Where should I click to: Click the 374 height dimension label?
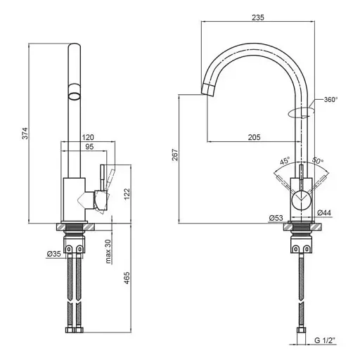[25, 134]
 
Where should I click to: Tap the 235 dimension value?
[258, 18]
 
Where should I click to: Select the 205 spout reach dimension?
[254, 137]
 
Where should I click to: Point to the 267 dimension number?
[175, 155]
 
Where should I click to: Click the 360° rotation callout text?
[331, 100]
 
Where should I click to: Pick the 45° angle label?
[285, 161]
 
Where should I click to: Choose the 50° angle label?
[318, 160]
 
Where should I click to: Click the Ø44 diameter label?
[324, 212]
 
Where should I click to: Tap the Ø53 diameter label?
[276, 218]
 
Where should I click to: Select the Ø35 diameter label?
[54, 254]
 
